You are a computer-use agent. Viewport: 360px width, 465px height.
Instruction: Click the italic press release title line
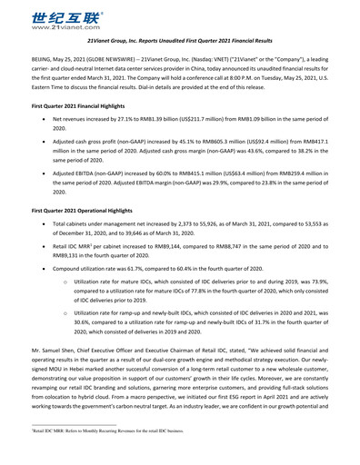tap(180, 42)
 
